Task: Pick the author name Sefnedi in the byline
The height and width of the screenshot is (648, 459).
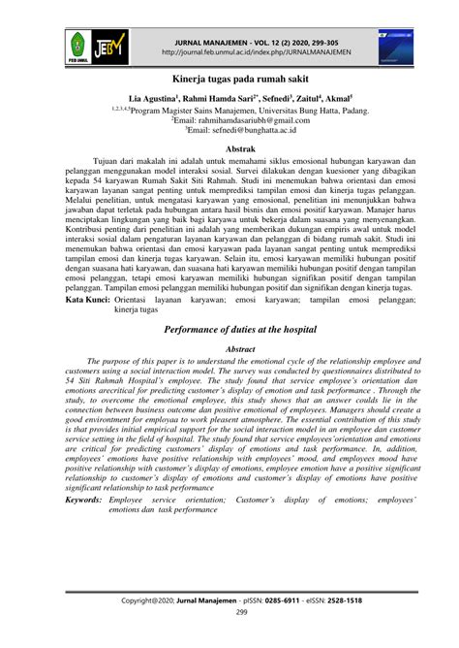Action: [x=257, y=99]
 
